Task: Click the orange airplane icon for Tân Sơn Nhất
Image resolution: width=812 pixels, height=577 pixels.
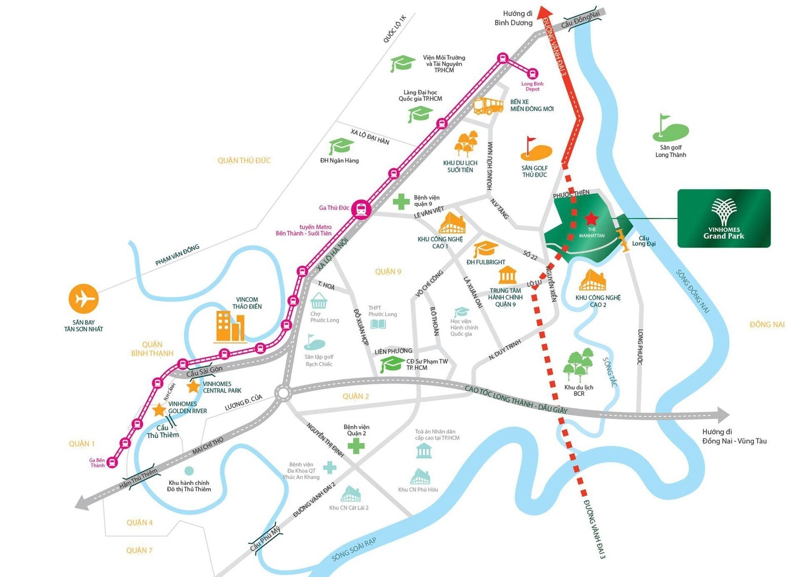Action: tap(83, 299)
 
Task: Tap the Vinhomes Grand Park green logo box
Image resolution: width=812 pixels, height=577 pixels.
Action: tap(724, 219)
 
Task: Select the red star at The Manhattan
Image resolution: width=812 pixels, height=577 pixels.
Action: tap(591, 219)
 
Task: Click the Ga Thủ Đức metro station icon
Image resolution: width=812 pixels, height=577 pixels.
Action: tap(361, 208)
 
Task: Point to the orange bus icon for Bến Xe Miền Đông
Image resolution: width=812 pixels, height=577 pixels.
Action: tap(488, 106)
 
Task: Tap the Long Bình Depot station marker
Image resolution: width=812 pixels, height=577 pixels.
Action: tap(533, 74)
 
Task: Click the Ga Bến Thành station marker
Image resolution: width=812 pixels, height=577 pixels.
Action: tap(113, 462)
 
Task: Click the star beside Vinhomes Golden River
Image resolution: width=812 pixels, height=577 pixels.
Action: tap(159, 410)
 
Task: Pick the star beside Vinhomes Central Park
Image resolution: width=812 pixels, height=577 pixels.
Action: tap(193, 387)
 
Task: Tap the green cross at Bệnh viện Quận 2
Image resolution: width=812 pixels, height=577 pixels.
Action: tap(356, 446)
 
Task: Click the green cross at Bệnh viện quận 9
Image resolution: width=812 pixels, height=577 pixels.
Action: tap(401, 201)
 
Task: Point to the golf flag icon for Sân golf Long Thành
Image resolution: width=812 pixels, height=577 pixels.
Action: tap(669, 128)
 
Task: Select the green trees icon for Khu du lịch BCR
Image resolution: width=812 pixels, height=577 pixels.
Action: tap(578, 365)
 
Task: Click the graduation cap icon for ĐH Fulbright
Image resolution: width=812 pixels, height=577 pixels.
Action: tap(486, 249)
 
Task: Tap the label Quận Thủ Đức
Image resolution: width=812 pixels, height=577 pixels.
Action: tap(244, 161)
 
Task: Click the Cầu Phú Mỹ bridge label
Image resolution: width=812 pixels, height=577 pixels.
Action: tap(265, 539)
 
